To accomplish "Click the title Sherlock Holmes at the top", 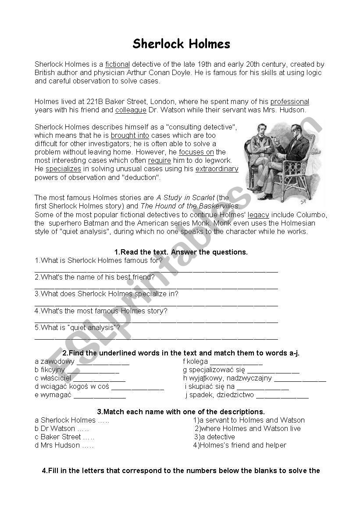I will point(181,44).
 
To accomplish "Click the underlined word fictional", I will point(118,65).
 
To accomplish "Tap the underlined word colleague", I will point(131,110).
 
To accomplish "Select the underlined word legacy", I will point(258,215).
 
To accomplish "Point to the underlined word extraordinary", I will point(217,169).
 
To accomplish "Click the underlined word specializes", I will point(63,169).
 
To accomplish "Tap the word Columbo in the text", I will point(312,215).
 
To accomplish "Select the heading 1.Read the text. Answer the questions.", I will point(181,252).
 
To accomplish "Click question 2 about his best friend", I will point(95,277).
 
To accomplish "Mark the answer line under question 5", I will point(156,338).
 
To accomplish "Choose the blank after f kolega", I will point(236,362).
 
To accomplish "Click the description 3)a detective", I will point(214,437).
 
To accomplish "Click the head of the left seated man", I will point(263,131).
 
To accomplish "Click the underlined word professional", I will point(289,102).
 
